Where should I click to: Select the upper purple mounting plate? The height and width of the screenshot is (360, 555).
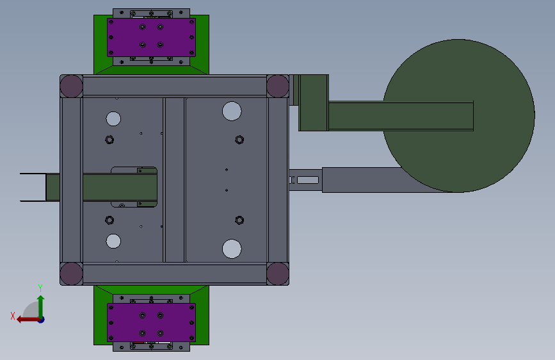coord(151,37)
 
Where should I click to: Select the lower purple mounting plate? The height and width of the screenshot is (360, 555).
coord(151,322)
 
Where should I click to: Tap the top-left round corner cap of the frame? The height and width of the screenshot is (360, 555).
coord(71,86)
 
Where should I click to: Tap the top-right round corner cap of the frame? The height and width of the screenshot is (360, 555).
coord(278,86)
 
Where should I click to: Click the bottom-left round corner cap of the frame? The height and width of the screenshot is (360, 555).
coord(71,274)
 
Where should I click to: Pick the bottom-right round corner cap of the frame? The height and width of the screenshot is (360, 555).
coord(278,274)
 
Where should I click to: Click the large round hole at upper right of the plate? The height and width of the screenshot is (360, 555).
coord(232,111)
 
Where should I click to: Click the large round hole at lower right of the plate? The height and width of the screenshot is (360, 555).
coord(232,249)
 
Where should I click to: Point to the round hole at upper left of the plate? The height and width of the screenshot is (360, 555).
coord(113,119)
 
